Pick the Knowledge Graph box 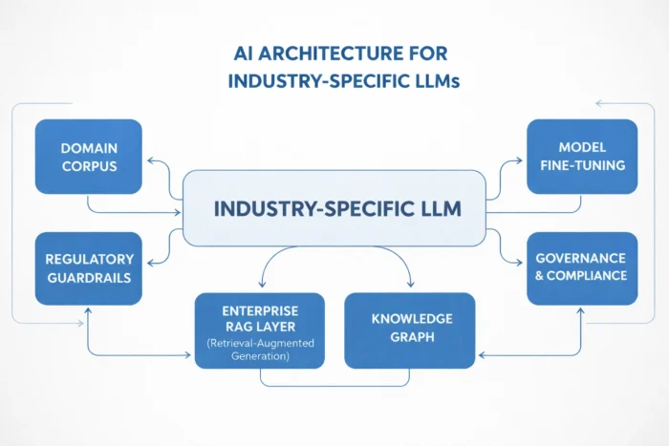point(409,329)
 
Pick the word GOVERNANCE point(581,258)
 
